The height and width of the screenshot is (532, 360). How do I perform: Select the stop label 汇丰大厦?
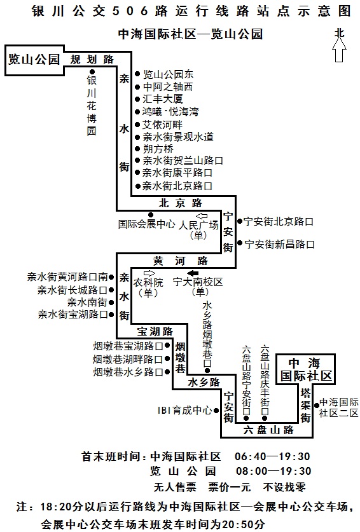[163, 99]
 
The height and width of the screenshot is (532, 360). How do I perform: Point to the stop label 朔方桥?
[158, 149]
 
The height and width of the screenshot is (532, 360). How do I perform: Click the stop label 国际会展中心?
[147, 224]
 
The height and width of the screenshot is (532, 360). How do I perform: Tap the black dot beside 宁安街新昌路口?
[240, 243]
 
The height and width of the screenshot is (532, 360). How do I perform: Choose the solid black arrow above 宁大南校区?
[193, 273]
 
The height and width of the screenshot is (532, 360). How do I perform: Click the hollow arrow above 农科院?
[149, 273]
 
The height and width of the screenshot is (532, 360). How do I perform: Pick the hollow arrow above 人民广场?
[202, 215]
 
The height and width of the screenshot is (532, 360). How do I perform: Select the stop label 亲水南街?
[87, 302]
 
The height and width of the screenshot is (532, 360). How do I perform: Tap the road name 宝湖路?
[155, 331]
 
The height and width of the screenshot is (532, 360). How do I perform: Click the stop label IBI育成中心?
[184, 411]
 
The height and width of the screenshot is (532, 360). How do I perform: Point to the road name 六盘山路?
[268, 430]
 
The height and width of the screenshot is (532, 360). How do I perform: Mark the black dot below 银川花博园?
[92, 72]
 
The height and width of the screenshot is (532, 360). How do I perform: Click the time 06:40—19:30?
[272, 456]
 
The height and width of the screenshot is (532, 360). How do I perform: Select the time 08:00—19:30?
[273, 471]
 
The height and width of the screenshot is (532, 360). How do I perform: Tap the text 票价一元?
[230, 488]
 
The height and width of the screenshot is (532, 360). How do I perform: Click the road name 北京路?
[181, 203]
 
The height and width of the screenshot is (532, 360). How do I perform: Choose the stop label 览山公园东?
[168, 74]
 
